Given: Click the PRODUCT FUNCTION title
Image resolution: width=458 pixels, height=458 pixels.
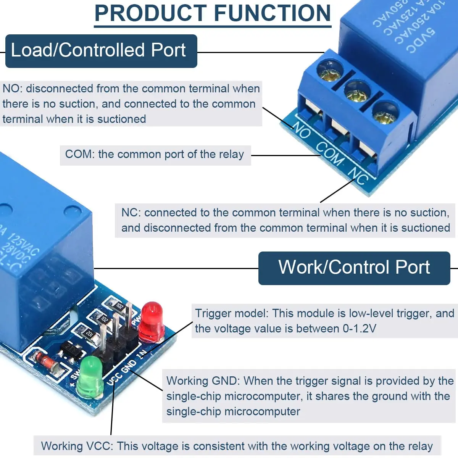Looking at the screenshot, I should (213, 14).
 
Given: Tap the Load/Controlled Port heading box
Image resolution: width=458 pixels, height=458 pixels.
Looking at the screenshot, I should (101, 51).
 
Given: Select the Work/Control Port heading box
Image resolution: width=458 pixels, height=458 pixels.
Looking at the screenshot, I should (354, 268).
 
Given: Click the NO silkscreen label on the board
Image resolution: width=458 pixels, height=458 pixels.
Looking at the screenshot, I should (302, 131).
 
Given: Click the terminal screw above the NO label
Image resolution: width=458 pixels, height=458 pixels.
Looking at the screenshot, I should (329, 71).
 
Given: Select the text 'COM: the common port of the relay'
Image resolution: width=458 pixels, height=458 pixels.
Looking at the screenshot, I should (155, 155).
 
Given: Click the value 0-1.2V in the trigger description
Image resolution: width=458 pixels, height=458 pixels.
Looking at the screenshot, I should (359, 329).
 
